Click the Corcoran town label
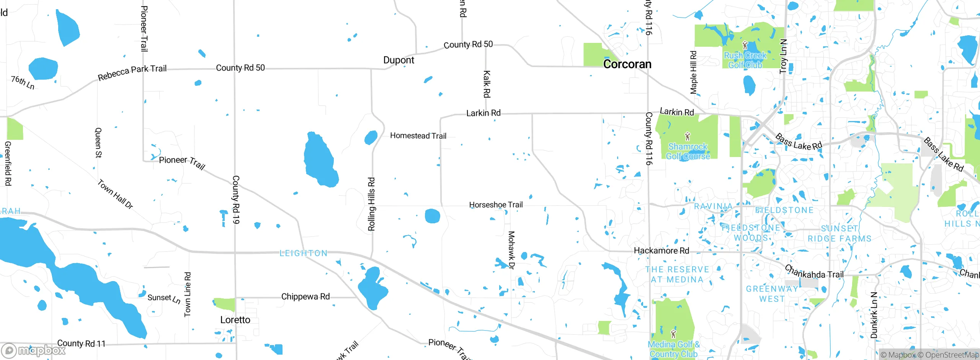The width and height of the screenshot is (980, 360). coord(627,64)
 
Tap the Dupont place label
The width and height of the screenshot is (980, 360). coord(399,60)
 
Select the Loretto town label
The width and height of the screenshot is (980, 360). coord(235,320)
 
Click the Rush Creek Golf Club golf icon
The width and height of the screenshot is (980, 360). coord(745,46)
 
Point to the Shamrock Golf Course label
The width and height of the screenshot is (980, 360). coord(688,151)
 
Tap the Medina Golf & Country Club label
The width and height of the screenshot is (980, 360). coord(673,349)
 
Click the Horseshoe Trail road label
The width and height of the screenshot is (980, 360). coord(496,205)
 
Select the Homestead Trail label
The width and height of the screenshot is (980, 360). coord(418,136)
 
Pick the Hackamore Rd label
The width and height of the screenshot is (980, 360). coord(661,251)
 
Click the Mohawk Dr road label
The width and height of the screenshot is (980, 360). coord(511,250)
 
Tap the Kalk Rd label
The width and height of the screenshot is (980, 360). coord(487,84)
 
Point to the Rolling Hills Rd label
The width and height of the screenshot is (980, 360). coord(371,204)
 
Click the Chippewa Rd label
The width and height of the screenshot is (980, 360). coord(305,296)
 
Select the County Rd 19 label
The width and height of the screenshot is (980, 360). coord(236,200)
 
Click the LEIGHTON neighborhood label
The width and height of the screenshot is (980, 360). coord(304,253)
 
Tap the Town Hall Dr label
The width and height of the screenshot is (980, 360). coord(115,194)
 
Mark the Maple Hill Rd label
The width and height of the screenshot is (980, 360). coord(693,72)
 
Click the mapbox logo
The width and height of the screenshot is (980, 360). coord(33,350)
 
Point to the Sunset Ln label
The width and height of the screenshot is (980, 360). coord(164,298)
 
